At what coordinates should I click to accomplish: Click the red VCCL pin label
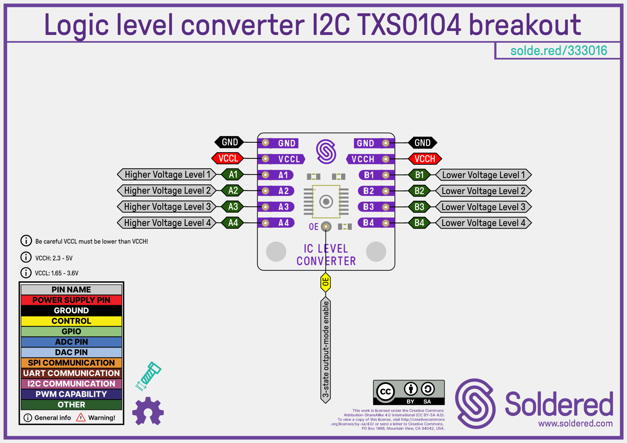[x=228, y=158]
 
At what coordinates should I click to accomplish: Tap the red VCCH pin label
[x=425, y=159]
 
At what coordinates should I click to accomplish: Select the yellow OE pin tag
[x=325, y=282]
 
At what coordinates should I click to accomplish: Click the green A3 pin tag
[x=233, y=207]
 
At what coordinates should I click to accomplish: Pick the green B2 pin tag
[x=419, y=191]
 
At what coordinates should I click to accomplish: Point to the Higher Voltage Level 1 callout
[x=167, y=175]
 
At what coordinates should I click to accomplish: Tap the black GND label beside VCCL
[x=229, y=142]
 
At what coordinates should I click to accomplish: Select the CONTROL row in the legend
[x=71, y=321]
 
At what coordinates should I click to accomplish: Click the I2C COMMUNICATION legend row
[x=71, y=384]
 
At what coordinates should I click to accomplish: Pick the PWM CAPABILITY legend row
[x=71, y=394]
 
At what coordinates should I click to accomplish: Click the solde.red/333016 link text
[x=558, y=51]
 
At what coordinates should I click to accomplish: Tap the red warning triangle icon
[x=81, y=417]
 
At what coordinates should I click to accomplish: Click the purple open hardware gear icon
[x=148, y=411]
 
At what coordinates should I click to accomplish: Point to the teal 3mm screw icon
[x=149, y=375]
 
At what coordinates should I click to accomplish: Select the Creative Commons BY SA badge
[x=409, y=393]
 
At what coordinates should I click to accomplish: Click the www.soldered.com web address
[x=575, y=423]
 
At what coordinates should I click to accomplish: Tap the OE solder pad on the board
[x=326, y=227]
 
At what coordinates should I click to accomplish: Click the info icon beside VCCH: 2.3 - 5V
[x=26, y=257]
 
